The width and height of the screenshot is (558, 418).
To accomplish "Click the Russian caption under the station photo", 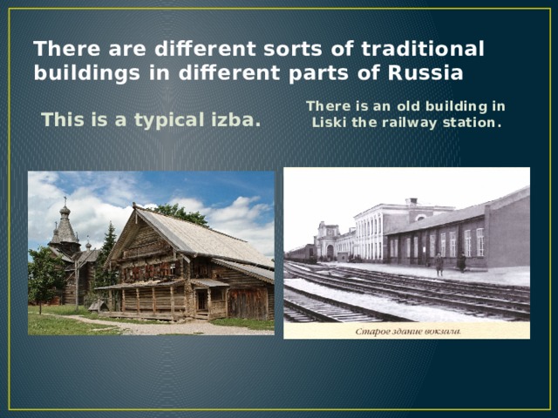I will tap(406, 330).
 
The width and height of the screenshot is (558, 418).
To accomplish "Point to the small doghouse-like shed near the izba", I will tap(96, 306).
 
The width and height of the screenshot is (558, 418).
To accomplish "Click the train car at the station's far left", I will tap(300, 253).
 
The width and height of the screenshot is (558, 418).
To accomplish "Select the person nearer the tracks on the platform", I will tap(439, 265).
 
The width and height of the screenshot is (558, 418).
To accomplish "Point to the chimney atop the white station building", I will tap(411, 203).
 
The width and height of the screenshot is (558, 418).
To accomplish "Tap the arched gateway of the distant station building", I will tap(330, 251).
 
